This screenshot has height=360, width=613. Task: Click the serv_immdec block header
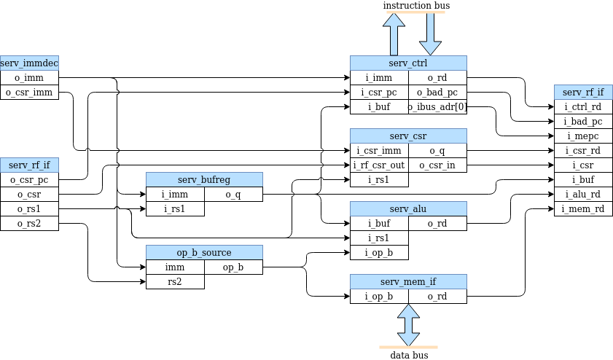29,63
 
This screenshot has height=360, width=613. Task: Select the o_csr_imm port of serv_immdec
29,93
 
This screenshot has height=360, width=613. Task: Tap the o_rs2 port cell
29,224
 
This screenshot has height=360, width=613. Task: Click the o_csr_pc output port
29,180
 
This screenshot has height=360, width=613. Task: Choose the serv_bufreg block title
204,180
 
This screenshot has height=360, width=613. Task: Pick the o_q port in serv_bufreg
233,195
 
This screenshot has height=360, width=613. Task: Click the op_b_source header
204,253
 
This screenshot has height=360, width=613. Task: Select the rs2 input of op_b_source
175,282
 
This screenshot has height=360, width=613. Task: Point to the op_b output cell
233,267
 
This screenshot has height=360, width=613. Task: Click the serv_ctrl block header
408,63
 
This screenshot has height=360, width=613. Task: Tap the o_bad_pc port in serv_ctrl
437,93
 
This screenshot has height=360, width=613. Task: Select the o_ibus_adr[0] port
437,107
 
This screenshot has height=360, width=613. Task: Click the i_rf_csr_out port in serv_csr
379,165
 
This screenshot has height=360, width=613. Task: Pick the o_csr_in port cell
437,165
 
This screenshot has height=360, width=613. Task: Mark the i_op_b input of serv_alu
379,253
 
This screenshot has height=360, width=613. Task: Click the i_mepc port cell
583,136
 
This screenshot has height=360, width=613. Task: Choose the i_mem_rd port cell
583,209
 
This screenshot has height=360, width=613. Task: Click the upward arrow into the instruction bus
394,34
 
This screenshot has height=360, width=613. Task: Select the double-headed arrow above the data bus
408,324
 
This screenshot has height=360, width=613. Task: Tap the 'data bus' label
409,355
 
